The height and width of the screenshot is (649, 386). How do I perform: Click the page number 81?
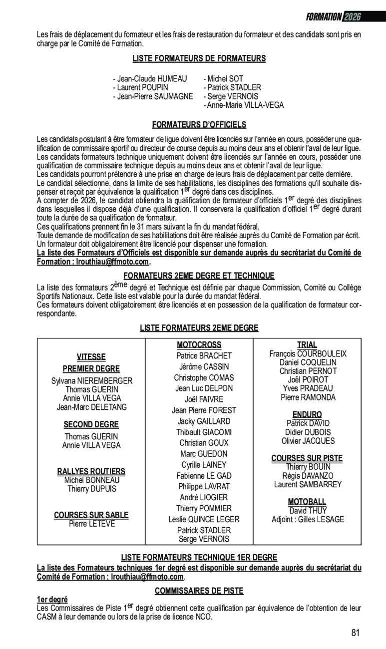355,633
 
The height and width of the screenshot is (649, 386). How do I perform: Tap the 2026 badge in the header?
352,16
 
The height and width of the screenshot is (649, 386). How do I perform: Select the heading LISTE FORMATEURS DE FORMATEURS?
199,59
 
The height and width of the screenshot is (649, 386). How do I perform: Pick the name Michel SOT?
225,79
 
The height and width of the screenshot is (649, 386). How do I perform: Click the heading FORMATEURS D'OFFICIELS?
199,125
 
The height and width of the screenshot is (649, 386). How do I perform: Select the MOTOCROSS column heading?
199,345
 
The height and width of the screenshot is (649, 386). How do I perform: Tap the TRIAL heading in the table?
307,345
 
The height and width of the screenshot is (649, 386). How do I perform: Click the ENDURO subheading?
307,414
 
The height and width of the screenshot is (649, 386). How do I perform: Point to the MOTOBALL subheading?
307,502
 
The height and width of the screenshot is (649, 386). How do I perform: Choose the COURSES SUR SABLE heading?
91,515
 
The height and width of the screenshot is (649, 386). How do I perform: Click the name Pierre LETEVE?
92,524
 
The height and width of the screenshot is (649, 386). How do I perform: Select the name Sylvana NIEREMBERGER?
92,381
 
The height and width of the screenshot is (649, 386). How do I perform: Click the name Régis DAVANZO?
308,476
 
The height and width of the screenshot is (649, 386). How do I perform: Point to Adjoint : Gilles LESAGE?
308,520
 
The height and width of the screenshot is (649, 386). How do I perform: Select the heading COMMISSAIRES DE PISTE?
199,591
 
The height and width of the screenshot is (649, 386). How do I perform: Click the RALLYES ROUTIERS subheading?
91,471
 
